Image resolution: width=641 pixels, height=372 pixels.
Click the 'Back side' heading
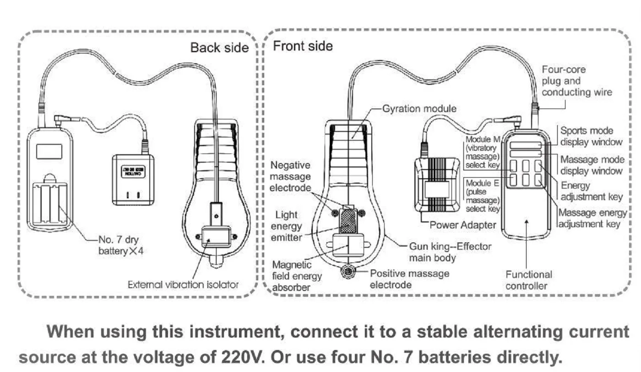[219, 47]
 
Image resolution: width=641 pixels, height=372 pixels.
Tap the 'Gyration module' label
[419, 109]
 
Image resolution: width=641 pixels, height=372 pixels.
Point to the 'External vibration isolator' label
[183, 284]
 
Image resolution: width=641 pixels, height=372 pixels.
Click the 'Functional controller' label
[528, 280]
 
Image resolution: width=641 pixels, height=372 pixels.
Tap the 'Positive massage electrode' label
[409, 279]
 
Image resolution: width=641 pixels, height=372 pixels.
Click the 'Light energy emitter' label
[289, 225]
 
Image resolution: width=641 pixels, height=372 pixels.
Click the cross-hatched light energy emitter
[348, 221]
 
